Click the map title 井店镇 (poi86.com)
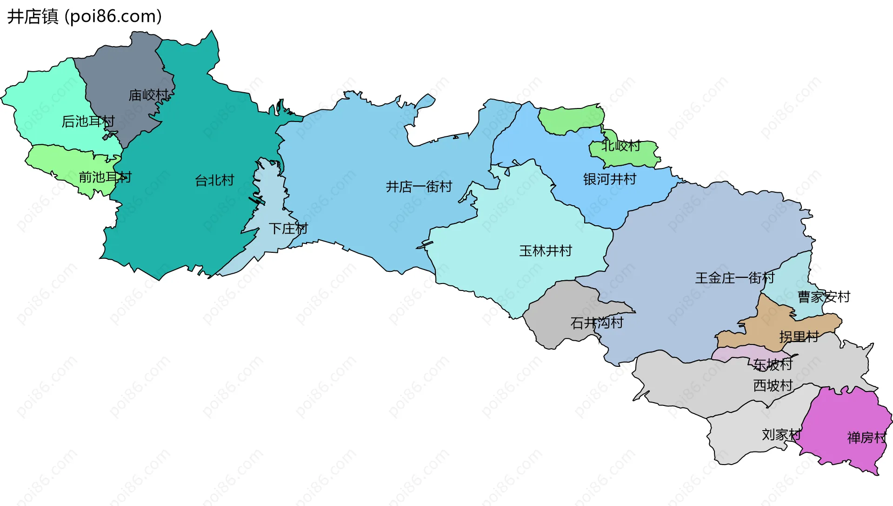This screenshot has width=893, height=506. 84,16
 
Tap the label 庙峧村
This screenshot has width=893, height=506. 148,95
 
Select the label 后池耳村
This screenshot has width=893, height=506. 88,121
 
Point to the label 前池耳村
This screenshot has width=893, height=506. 105,177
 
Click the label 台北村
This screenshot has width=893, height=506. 214,180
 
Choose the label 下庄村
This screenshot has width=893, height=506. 288,229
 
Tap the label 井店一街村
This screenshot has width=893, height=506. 419,187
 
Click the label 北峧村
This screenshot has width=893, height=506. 621,146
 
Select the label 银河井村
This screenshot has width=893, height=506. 610,179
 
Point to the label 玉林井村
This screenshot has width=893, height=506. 546,251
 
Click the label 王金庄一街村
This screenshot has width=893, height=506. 735,278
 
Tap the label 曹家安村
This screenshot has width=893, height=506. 824,297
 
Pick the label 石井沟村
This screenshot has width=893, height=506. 597,323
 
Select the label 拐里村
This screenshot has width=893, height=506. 799,337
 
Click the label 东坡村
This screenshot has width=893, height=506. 773,364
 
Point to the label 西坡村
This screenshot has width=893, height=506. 773,385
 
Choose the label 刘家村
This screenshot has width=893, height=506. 781,435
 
